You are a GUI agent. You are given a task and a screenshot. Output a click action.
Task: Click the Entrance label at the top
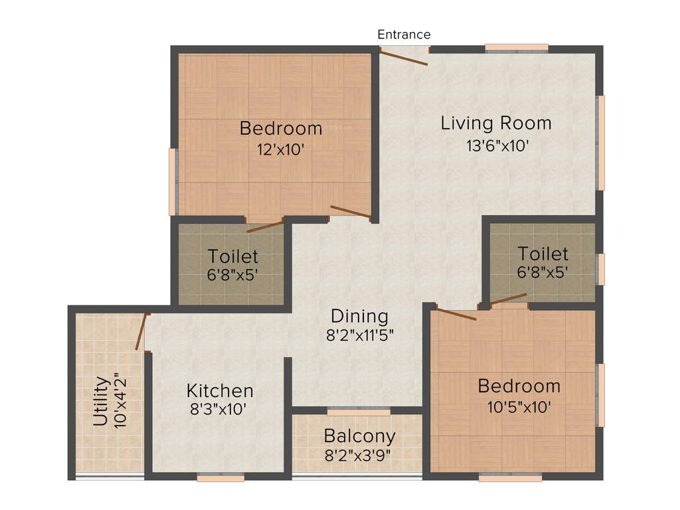404,35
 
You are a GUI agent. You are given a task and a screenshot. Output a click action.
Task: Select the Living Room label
496,123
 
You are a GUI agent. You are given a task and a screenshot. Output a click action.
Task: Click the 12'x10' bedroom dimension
280,149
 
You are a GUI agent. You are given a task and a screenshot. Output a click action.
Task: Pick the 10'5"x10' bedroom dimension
519,407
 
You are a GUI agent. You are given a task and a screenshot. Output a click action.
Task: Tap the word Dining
359,315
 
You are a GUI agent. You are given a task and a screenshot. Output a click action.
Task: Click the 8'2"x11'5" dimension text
360,335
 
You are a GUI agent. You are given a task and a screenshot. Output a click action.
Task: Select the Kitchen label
219,390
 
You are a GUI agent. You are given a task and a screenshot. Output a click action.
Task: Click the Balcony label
359,436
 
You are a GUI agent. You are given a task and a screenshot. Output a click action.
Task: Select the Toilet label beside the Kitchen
232,256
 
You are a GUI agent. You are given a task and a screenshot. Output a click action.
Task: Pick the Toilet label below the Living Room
543,254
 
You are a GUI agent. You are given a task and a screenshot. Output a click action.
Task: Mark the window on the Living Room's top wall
516,47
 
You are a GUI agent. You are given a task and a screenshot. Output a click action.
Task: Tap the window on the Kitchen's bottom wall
220,476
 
